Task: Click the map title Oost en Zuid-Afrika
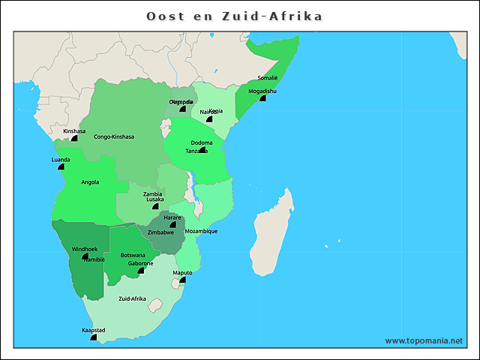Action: coord(234,16)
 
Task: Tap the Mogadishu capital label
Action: coord(262,91)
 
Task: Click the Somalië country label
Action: coord(268,78)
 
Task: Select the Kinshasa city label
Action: coord(74,130)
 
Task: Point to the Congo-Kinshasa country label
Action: coord(114,137)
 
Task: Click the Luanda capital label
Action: coord(61,160)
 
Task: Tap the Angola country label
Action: coord(90,181)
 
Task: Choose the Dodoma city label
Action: coord(202,142)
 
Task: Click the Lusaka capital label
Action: coord(155,199)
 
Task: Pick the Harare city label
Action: coord(172,217)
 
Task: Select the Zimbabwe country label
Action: coord(161,232)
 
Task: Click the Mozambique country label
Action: coord(201,231)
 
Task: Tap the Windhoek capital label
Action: coord(85,249)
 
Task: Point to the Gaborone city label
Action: coord(140,263)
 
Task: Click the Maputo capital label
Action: coord(182,273)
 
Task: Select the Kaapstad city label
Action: coord(94,330)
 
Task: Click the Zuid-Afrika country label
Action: coord(133,298)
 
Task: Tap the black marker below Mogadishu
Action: coord(262,98)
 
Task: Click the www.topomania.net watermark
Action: coord(424,340)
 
